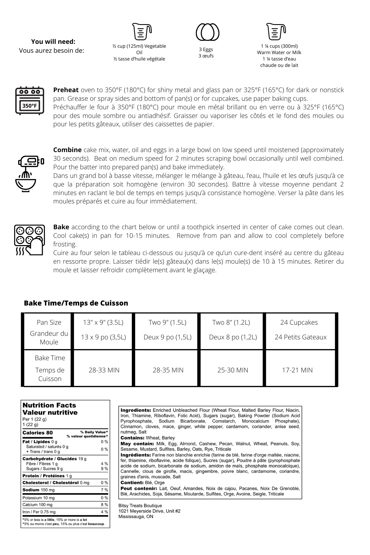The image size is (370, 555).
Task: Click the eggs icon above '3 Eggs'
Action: click(208, 32)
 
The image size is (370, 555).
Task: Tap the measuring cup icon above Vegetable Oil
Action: click(142, 31)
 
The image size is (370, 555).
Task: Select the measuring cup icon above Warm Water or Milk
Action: click(276, 31)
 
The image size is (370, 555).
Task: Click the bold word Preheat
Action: click(66, 90)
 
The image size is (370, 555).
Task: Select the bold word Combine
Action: click(67, 150)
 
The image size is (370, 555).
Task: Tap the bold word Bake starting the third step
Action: click(61, 227)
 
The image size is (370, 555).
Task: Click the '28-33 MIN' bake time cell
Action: click(104, 370)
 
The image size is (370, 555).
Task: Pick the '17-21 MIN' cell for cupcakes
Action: click(297, 370)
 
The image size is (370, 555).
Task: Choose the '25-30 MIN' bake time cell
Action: click(233, 370)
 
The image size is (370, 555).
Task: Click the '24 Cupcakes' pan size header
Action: click(299, 322)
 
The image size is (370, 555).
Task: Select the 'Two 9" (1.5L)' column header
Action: click(167, 322)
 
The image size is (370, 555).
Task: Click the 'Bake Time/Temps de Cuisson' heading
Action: click(76, 303)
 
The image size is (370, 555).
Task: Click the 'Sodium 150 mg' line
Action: click(39, 490)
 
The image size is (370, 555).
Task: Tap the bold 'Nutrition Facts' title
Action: click(49, 405)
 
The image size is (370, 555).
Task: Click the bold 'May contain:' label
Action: click(137, 444)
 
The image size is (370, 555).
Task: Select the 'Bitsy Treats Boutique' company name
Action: click(140, 506)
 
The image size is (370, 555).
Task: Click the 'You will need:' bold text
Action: click(53, 42)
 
